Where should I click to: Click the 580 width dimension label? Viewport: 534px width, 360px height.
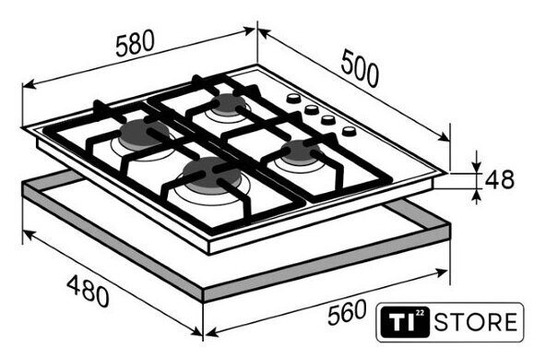[135, 43]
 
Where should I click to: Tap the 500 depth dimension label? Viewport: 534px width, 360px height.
[360, 68]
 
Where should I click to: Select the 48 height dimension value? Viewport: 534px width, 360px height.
[499, 180]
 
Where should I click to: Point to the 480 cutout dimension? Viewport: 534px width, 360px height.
[88, 292]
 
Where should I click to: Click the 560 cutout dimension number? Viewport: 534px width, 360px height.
[347, 312]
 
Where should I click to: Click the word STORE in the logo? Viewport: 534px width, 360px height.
[475, 322]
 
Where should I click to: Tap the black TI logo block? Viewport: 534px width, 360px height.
[405, 322]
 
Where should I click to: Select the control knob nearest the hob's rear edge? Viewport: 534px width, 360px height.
[293, 99]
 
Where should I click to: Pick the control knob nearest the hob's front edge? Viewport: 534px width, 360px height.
[349, 131]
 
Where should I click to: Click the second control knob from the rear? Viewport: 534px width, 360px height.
[312, 110]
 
